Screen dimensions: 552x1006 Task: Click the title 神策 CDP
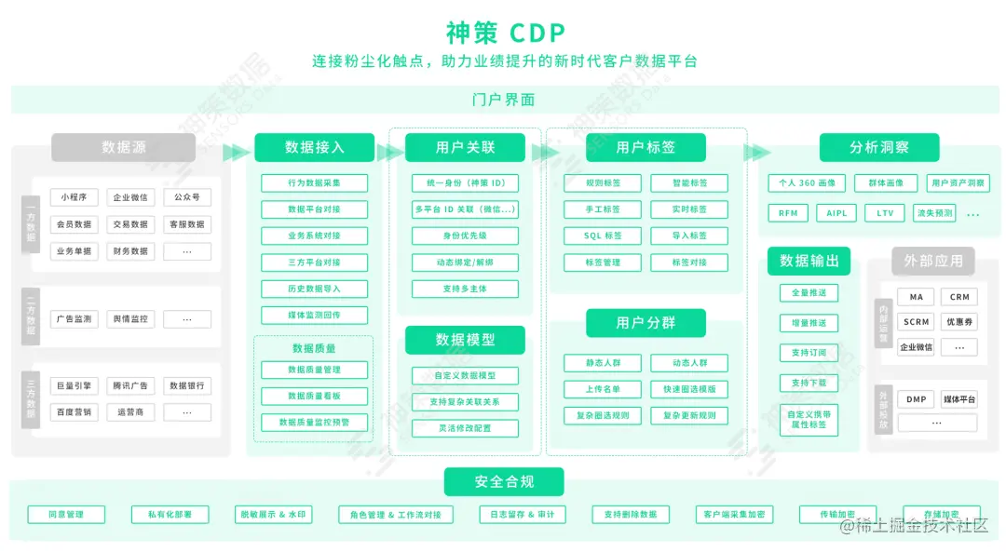tap(505, 33)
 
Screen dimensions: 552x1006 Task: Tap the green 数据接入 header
tap(314, 147)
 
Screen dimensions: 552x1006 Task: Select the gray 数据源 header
tap(123, 147)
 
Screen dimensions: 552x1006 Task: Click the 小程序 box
tap(74, 197)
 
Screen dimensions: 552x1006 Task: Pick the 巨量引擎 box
tap(74, 385)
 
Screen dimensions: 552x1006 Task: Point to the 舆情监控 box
tap(130, 319)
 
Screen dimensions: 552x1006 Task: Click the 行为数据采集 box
tap(314, 183)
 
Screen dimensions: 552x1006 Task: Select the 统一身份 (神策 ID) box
tap(465, 183)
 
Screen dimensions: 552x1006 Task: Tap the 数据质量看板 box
tap(314, 396)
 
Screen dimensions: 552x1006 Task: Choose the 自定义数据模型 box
tap(465, 376)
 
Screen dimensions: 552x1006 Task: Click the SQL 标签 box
tap(603, 236)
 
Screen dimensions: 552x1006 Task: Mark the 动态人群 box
tap(689, 363)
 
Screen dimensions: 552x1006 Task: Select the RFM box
tap(788, 213)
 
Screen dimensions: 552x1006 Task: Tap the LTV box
tap(885, 213)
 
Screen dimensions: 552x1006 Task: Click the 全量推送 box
tap(808, 293)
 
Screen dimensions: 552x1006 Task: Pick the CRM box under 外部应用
tap(959, 297)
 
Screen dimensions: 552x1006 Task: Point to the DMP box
tap(916, 399)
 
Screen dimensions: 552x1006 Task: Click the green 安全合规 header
tap(504, 481)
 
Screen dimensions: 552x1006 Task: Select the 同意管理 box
tap(66, 514)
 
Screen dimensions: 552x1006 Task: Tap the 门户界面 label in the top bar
tap(504, 100)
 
